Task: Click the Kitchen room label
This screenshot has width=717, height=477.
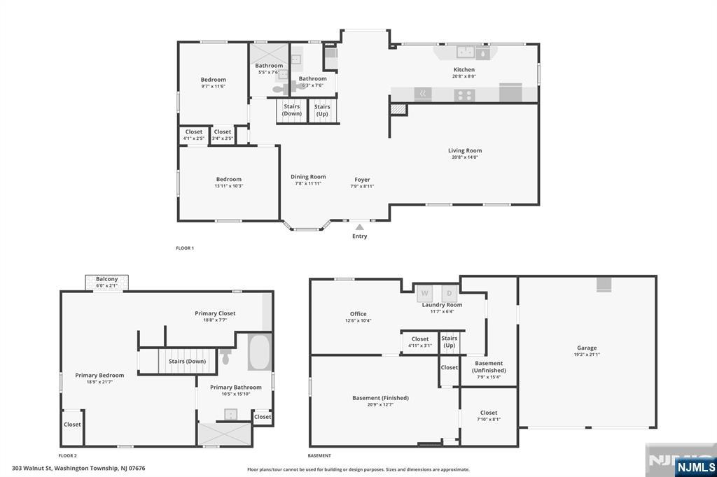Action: tap(464, 70)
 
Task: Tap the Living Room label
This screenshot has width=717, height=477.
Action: tap(465, 150)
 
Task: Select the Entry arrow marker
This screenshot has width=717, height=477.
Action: tap(359, 227)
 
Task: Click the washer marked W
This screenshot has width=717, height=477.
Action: tap(425, 293)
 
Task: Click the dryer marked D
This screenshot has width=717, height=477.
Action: tap(450, 293)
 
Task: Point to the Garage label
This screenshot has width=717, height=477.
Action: tap(587, 348)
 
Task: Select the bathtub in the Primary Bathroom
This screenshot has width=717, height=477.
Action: tap(258, 353)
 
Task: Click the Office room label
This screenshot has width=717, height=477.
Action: tap(358, 314)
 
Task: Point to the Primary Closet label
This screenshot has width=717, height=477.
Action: tap(215, 313)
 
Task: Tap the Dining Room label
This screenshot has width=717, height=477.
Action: tap(308, 177)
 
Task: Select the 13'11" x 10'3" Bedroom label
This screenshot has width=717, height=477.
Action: tap(228, 180)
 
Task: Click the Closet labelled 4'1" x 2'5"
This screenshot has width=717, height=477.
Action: tap(194, 132)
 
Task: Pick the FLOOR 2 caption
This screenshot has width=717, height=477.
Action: tap(67, 455)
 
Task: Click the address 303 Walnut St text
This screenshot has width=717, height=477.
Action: tap(78, 468)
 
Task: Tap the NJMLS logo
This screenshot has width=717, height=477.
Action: tap(695, 467)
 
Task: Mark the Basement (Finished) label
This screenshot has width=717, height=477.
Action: tap(380, 398)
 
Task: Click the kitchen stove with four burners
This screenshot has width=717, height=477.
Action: tap(464, 94)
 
